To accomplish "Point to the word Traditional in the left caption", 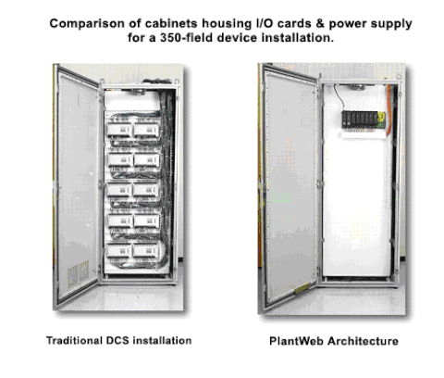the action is coord(74,340).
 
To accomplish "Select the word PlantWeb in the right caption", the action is coord(297,341).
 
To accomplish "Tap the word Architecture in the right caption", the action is coord(363,341).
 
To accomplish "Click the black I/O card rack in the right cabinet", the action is coord(364,120).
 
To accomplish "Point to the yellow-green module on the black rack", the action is coord(382,120).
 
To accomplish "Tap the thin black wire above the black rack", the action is coord(339,97).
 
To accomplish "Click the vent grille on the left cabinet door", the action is coord(78,272).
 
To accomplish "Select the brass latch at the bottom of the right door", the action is coord(302,289).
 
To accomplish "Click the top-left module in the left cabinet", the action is coord(119,130).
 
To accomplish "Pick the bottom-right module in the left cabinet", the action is coord(145,251).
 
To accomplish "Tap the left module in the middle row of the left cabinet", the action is coord(119,190).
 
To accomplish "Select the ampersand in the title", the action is coord(320,24).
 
